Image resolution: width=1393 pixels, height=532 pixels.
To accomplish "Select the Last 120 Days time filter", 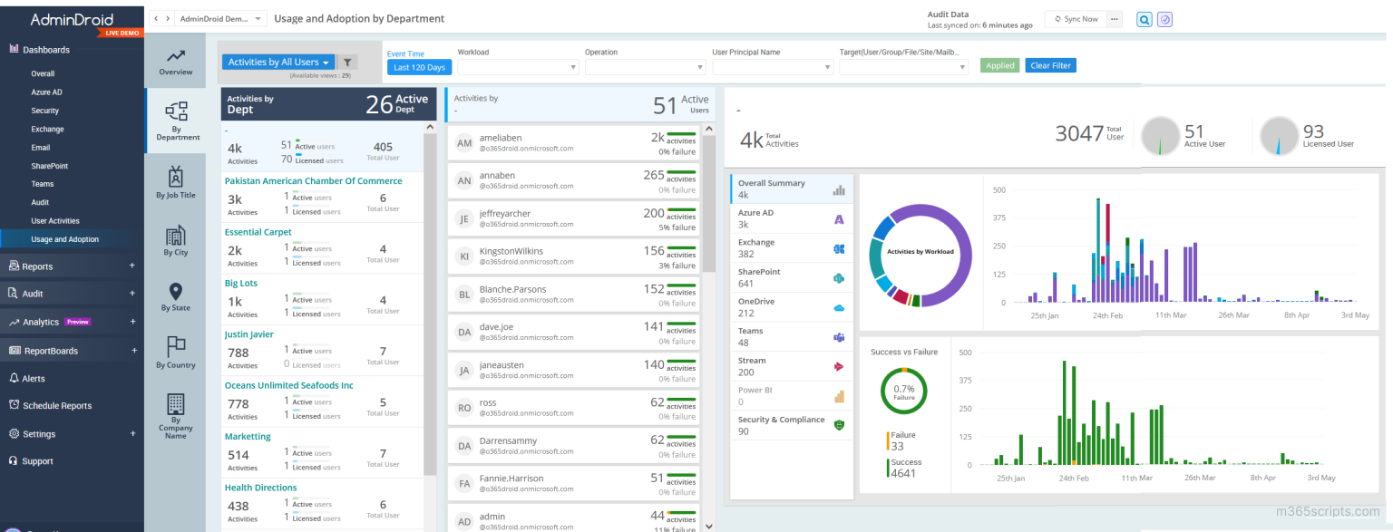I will tap(419, 67).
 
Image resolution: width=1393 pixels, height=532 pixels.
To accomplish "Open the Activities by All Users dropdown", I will tap(278, 63).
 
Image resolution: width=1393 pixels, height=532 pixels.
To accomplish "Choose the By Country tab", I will tap(175, 353).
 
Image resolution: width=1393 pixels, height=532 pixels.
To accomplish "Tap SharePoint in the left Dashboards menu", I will tap(50, 166).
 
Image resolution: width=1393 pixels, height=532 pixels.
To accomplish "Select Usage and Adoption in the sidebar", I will tap(64, 239).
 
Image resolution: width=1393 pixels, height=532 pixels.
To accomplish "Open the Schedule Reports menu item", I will tap(56, 406).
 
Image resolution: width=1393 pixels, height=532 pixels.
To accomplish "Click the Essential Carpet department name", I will tap(258, 232).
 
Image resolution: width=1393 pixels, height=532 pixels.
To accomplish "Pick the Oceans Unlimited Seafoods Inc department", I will tap(288, 385).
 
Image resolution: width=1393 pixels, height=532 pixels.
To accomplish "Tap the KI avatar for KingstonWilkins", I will tap(464, 256).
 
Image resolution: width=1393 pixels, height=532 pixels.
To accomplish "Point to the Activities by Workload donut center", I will tap(920, 252).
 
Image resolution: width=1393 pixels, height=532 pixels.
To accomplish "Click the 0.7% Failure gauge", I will tap(903, 392).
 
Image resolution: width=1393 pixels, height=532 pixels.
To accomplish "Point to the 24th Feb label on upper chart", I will tap(1107, 315).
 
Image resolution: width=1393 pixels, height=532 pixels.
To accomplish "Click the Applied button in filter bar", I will tap(999, 65).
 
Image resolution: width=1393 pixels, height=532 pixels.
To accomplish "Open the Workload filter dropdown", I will tap(518, 67).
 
